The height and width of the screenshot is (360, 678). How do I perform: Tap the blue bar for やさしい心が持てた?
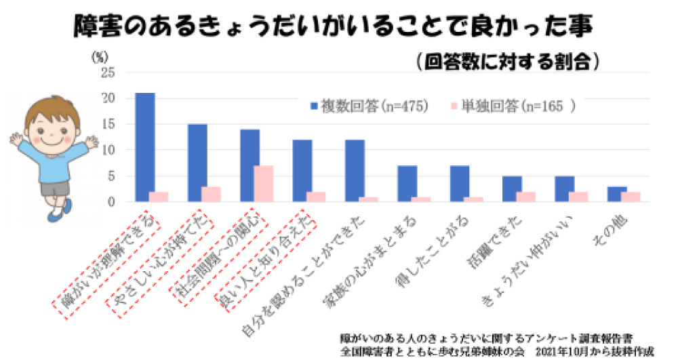click(x=197, y=163)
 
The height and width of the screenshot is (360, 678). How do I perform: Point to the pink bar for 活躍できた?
click(x=527, y=197)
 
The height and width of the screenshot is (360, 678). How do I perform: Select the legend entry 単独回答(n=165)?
click(x=508, y=106)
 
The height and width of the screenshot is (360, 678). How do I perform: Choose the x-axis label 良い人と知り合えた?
click(x=261, y=260)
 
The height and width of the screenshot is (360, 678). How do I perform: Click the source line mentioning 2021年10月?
click(x=498, y=352)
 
